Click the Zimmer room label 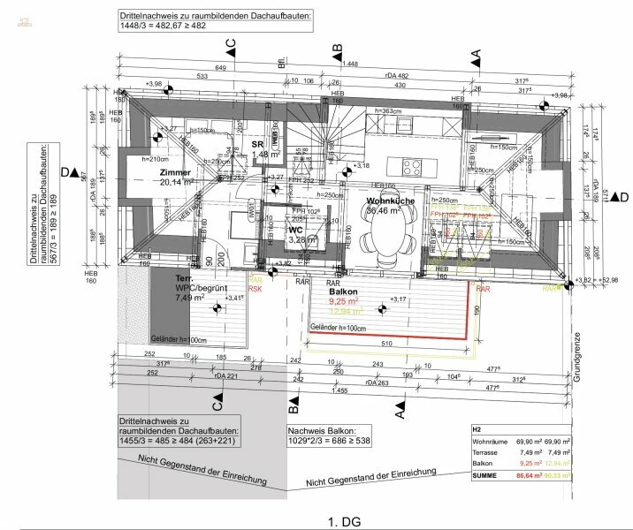(x=175, y=171)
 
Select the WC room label (x=295, y=229)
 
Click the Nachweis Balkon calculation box (x=328, y=434)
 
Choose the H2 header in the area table (x=477, y=427)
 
